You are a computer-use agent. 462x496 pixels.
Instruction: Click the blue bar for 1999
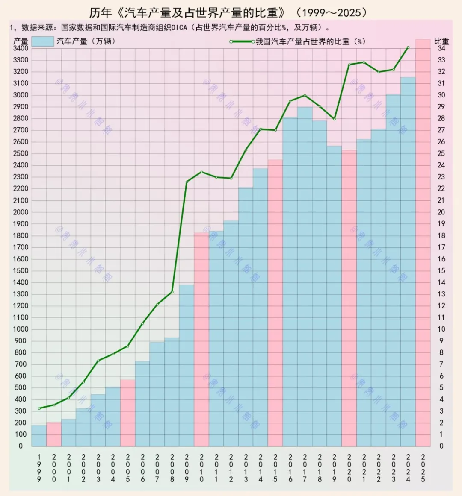(x=39, y=435)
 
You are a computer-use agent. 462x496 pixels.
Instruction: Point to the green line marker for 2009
(x=187, y=182)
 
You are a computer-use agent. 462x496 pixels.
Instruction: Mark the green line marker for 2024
(x=408, y=47)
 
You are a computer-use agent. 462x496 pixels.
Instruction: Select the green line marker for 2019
(x=335, y=119)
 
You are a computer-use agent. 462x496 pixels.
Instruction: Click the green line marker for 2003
(x=98, y=361)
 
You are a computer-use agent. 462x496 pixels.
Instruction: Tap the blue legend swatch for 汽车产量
(x=43, y=41)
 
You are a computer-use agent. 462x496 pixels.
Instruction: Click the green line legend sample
(x=242, y=41)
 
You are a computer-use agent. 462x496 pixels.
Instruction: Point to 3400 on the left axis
(x=21, y=48)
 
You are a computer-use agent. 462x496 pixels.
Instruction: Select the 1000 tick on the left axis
(x=21, y=329)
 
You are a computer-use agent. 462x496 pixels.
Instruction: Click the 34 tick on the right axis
(x=441, y=48)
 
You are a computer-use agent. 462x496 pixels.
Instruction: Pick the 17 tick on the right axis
(x=441, y=247)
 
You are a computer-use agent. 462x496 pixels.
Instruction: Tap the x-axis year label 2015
(x=275, y=468)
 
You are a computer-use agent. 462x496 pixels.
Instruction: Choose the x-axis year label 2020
(x=349, y=468)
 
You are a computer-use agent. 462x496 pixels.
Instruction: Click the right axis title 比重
(x=441, y=41)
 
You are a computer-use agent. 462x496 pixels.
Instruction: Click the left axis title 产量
(x=21, y=41)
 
